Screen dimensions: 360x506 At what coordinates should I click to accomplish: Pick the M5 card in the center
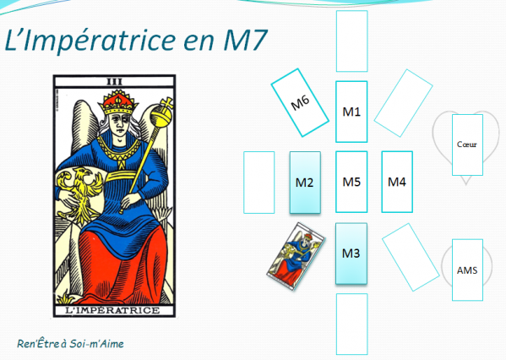tap(351, 181)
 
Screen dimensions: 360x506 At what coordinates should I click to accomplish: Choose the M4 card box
tap(397, 181)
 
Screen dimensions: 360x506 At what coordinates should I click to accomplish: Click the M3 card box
tap(351, 254)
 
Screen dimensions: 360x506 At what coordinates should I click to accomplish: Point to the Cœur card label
tap(466, 145)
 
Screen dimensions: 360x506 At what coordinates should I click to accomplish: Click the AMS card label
tap(466, 270)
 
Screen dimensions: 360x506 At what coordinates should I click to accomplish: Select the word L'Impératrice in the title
tap(80, 41)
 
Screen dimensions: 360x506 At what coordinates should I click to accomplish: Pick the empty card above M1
tap(351, 41)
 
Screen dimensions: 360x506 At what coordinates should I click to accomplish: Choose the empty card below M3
tap(351, 323)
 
